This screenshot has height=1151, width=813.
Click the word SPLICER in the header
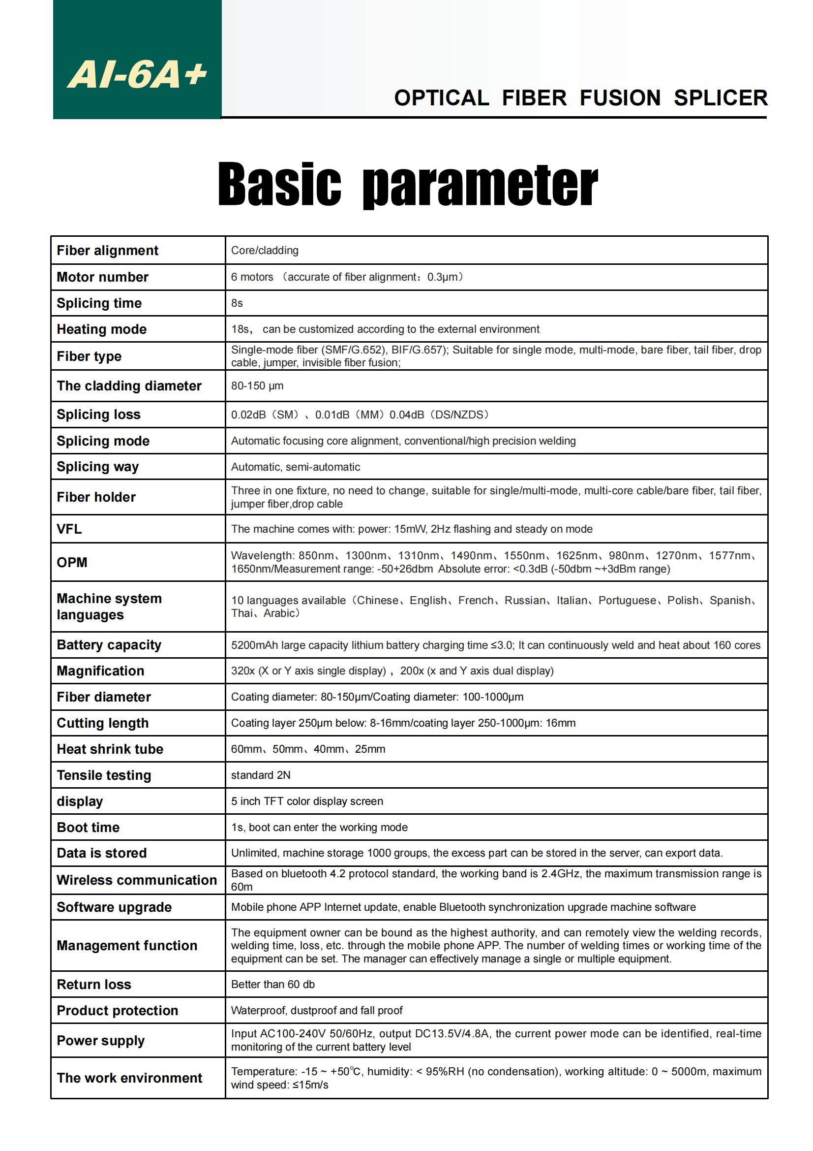(x=720, y=98)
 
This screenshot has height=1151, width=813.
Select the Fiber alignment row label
(x=107, y=251)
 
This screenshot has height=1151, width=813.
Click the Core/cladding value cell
(x=265, y=251)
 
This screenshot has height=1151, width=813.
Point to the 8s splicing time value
(x=237, y=303)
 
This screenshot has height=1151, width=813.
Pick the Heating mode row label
(x=102, y=329)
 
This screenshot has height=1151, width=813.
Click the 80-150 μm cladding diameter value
(x=257, y=386)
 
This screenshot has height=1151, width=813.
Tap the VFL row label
(x=69, y=529)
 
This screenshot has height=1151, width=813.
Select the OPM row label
(x=72, y=563)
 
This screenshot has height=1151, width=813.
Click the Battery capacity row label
(x=109, y=645)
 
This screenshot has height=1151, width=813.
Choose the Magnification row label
(x=100, y=671)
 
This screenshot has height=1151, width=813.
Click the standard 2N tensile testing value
(x=261, y=775)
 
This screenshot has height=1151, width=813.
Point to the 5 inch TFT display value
(x=306, y=801)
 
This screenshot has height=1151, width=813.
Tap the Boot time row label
(x=88, y=828)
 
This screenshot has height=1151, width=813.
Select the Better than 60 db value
(x=272, y=985)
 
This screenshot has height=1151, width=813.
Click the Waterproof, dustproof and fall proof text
(x=317, y=1011)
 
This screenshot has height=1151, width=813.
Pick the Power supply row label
(x=101, y=1041)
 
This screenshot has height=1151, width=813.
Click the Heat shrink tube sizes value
(x=307, y=749)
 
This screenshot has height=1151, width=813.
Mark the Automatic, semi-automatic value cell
(x=295, y=467)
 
